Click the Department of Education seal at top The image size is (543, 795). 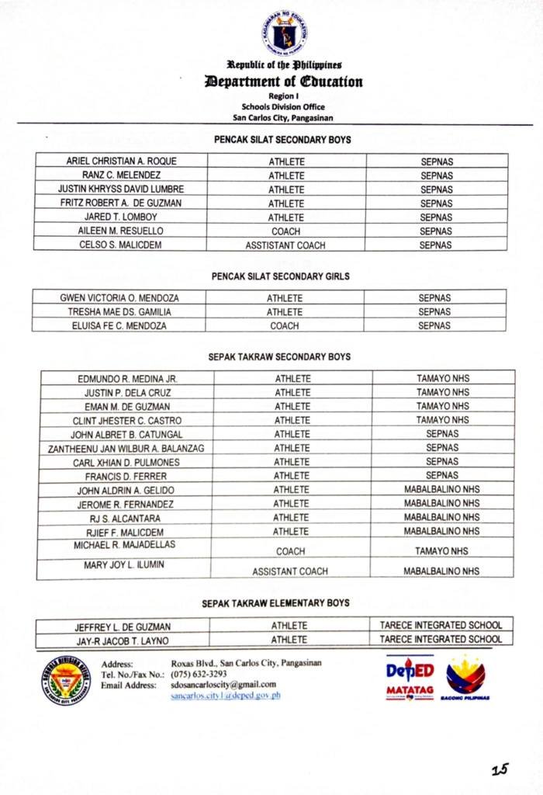click(x=283, y=32)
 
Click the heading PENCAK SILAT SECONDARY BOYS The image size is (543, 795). click(x=282, y=141)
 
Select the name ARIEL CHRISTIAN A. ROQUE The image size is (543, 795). click(x=121, y=161)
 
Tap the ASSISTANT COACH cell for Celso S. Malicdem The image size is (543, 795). click(x=285, y=245)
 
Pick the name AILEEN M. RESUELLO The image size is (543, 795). click(x=121, y=231)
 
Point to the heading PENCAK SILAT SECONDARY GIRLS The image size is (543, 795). click(x=281, y=276)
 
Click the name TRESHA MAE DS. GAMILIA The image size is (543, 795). click(x=120, y=312)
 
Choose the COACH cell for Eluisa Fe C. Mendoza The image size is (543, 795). click(x=285, y=326)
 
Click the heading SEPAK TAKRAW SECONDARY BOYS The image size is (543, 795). click(x=279, y=358)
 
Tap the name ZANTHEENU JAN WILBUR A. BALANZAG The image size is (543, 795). click(x=126, y=448)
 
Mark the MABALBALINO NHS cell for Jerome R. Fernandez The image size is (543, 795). click(x=441, y=504)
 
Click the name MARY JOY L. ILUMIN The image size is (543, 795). click(x=124, y=565)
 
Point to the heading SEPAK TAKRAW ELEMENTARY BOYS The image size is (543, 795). click(x=275, y=603)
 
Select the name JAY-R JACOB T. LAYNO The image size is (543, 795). click(x=123, y=641)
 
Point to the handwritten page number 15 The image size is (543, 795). click(x=500, y=769)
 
